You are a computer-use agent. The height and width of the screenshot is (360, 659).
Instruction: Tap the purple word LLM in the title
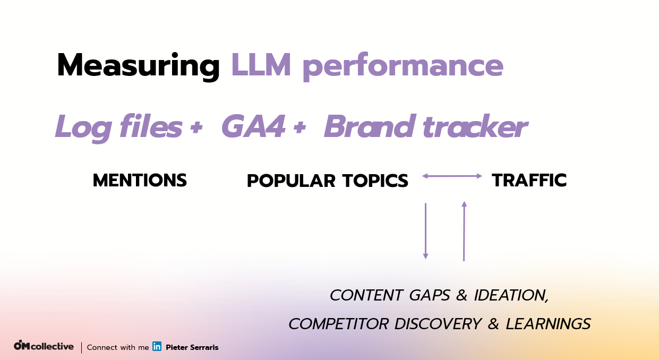point(261,65)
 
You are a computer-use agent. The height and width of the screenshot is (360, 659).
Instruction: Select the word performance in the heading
point(403,67)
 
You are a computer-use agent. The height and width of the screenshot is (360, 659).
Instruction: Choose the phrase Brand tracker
point(426,126)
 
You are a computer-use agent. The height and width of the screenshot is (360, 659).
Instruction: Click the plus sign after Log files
point(196,127)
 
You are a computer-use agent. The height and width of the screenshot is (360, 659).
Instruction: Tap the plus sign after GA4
point(299,127)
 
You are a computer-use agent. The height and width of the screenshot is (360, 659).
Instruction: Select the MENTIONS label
point(140,180)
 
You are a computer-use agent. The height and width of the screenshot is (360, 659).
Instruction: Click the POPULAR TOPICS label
point(328,181)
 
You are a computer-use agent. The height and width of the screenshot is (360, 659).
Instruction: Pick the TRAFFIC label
point(529,180)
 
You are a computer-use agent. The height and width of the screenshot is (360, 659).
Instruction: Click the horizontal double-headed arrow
point(452,176)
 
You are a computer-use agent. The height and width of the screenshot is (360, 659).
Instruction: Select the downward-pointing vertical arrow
point(425,231)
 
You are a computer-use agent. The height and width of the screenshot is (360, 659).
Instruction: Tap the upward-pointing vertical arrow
point(464,231)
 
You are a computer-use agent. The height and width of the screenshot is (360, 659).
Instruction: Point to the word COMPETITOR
point(338,324)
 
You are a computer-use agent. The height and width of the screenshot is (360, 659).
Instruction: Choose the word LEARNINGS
point(548,324)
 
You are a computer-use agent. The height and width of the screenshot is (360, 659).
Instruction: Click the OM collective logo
point(44,346)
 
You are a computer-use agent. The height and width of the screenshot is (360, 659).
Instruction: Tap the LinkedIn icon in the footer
point(157,346)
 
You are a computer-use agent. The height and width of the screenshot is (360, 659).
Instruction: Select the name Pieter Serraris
point(192,347)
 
